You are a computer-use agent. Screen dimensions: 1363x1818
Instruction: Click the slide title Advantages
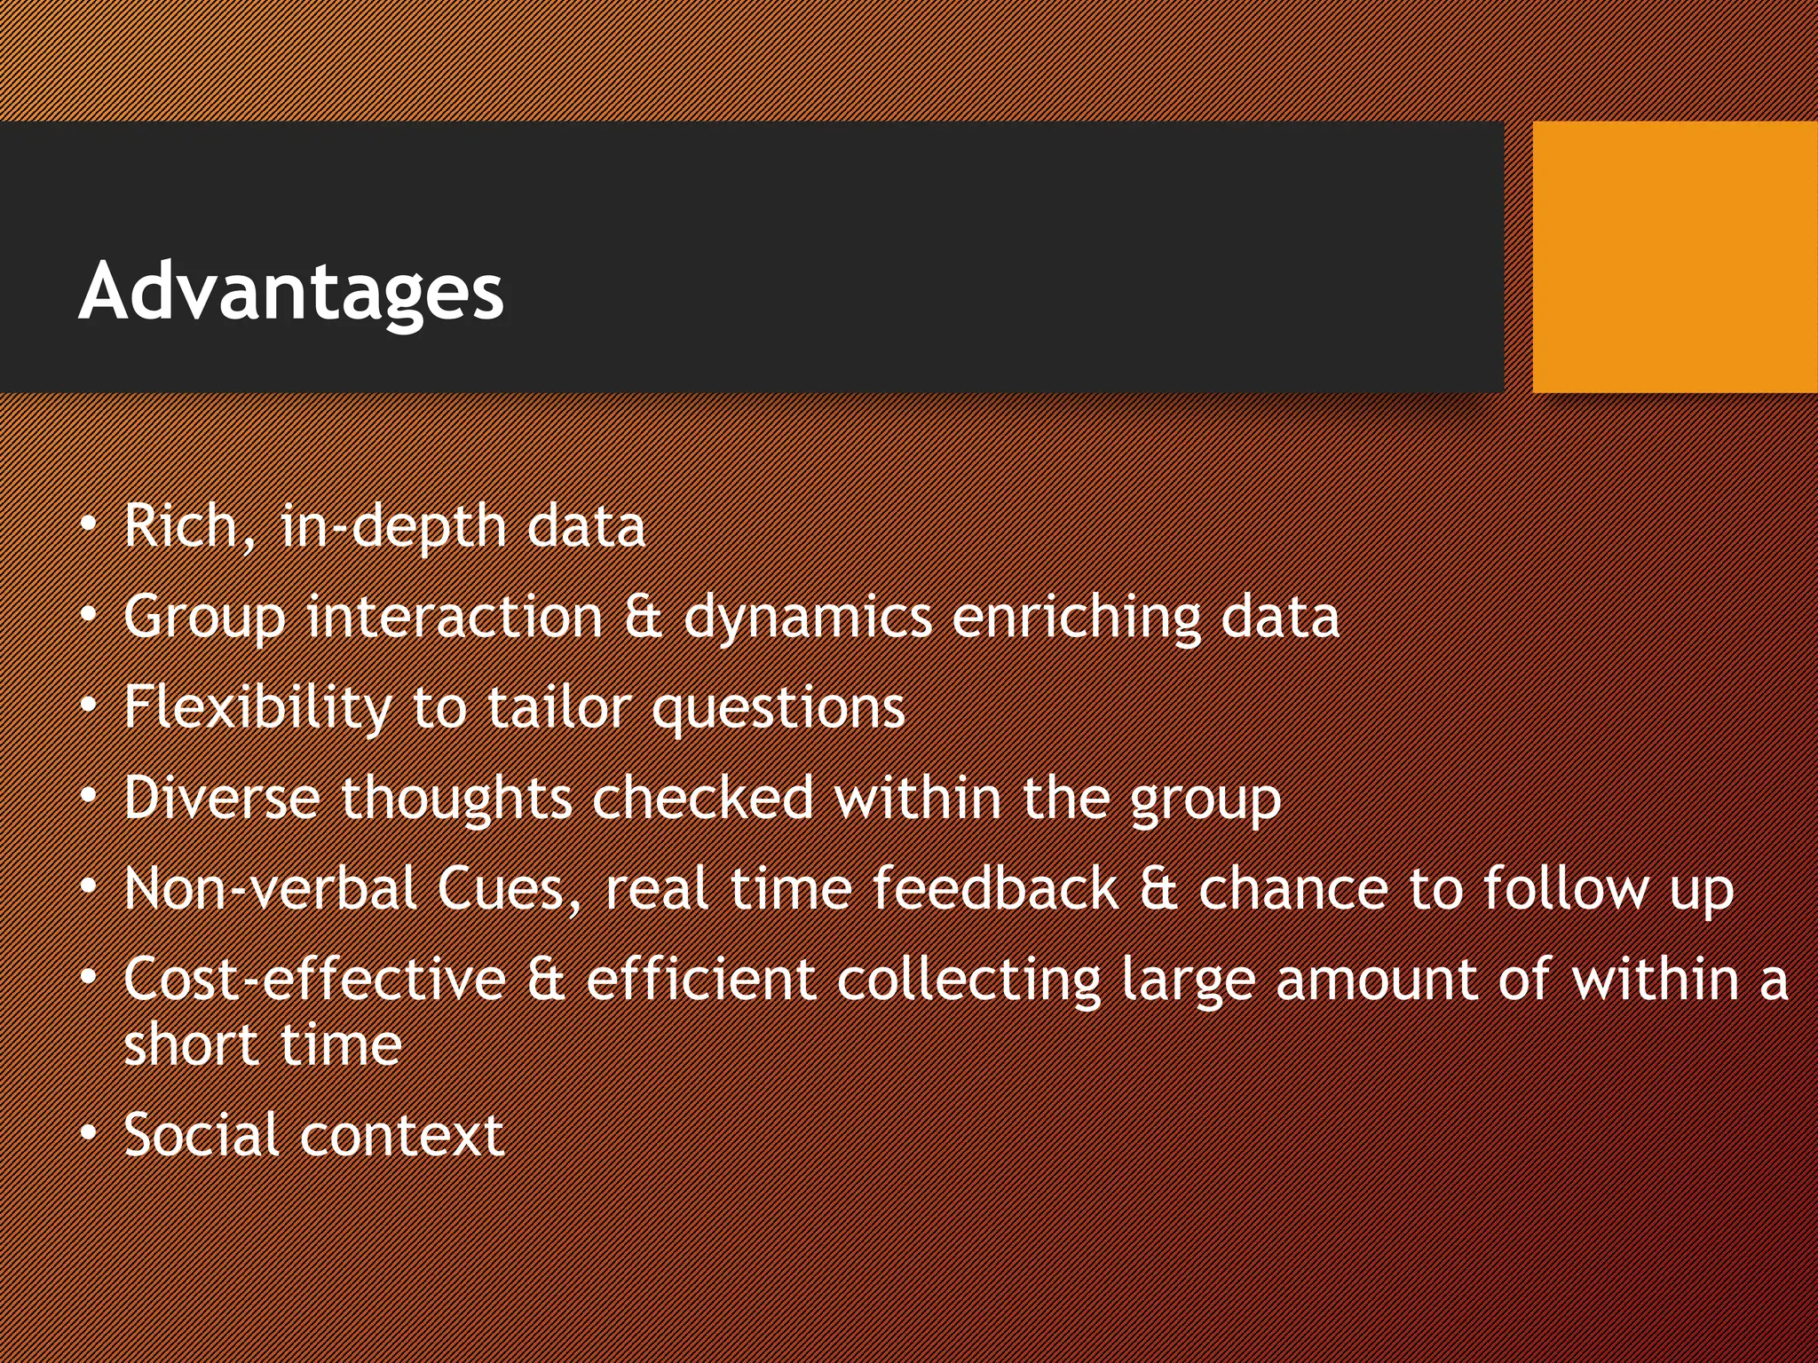coord(291,291)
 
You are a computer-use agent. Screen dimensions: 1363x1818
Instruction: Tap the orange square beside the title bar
coord(1674,256)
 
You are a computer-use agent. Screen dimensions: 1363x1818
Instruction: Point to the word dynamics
coord(807,618)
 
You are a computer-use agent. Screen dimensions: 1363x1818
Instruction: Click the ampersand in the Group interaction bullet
coord(644,618)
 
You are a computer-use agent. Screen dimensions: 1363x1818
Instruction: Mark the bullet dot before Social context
coord(88,1133)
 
